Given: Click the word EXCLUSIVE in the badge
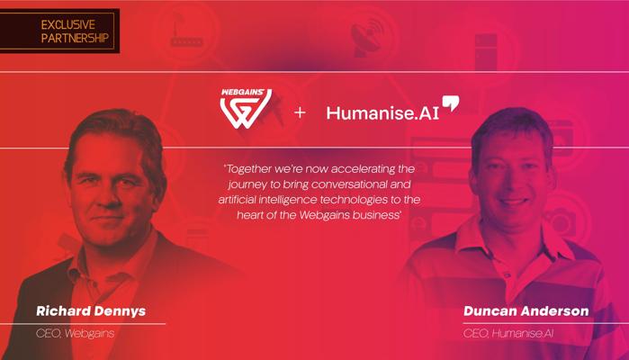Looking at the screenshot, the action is click(67, 25).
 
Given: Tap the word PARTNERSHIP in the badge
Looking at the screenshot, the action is click(75, 38).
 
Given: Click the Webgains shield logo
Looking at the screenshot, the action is click(246, 109).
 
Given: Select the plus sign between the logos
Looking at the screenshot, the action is click(300, 112).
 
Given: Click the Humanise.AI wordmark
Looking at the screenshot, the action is click(382, 112).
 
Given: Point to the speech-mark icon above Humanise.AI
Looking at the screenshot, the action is click(451, 103).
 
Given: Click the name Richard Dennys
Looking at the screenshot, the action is click(91, 311).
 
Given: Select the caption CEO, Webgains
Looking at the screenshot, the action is click(75, 333).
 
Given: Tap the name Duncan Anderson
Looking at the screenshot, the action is click(526, 311).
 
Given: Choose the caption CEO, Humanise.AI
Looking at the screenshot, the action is click(508, 333).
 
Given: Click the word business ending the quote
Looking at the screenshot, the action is click(377, 215).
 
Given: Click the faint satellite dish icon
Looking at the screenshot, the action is click(366, 37).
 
